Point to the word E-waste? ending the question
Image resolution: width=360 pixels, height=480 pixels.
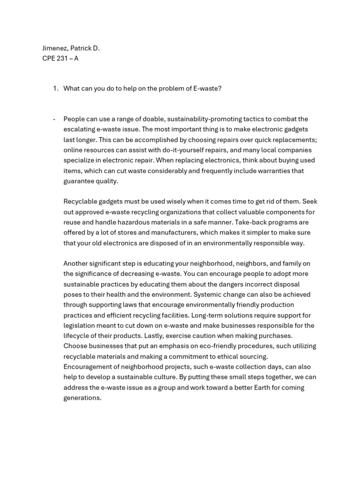[x=207, y=88]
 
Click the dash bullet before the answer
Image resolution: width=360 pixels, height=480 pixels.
[x=54, y=119]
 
